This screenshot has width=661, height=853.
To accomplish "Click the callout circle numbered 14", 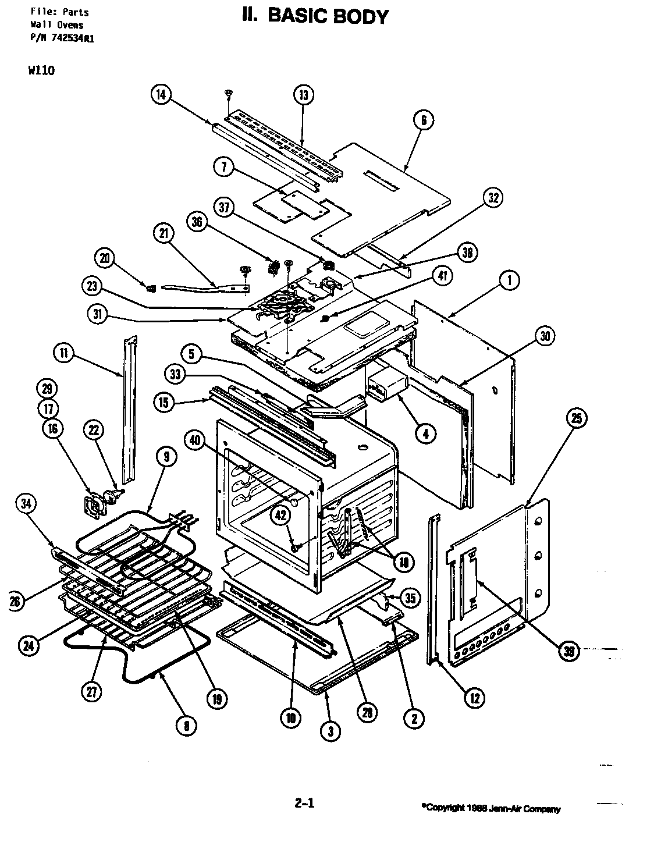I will (x=162, y=94).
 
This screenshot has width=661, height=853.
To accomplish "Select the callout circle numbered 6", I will (x=423, y=120).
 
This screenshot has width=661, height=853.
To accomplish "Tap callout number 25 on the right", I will (x=576, y=418).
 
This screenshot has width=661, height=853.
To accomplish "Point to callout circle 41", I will (x=443, y=277).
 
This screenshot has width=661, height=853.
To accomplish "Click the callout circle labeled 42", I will (x=281, y=514).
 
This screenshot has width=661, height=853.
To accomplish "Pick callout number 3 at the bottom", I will (x=330, y=731).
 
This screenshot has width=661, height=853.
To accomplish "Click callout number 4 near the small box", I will (x=426, y=433).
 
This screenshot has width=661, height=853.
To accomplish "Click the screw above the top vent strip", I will (x=229, y=93).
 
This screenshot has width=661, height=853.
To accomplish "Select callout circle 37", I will (x=225, y=207).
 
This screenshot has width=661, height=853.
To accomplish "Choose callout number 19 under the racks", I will (x=216, y=699).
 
